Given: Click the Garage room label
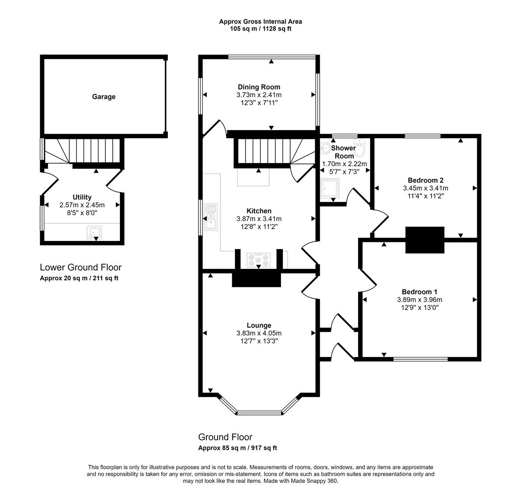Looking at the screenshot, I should (x=104, y=97).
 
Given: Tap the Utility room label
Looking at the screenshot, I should (x=82, y=197).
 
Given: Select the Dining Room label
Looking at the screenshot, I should (x=259, y=87).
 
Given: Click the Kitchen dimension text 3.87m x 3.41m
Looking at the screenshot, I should (x=259, y=219).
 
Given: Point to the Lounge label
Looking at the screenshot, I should (x=259, y=325).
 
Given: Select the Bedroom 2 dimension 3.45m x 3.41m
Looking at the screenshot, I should (x=425, y=188).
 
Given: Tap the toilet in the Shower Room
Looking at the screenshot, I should (x=360, y=149).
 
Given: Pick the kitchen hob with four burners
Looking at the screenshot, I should (x=259, y=260).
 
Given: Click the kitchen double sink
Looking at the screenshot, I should (x=211, y=216).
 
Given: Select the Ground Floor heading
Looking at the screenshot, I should (x=225, y=437).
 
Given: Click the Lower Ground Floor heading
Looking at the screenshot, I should (x=81, y=267).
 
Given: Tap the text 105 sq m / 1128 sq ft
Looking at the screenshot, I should (x=260, y=29).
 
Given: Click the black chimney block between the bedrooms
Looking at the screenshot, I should (x=425, y=240).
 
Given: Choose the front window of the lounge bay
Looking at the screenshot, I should (x=259, y=413).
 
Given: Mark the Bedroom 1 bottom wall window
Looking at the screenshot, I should (x=421, y=359).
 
